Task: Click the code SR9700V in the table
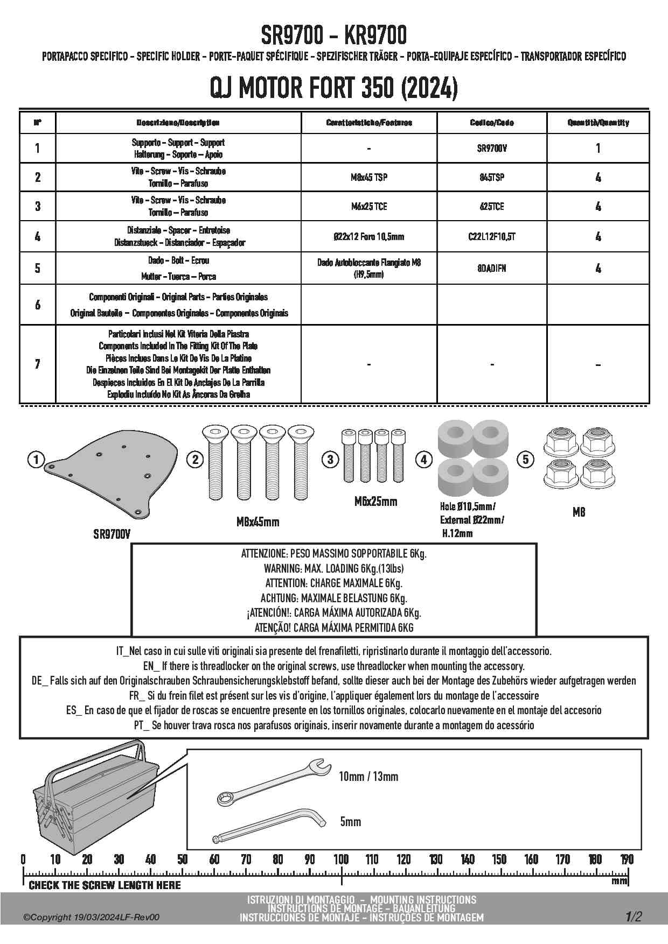click(492, 148)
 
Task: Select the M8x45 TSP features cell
click(369, 177)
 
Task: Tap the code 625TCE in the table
click(492, 206)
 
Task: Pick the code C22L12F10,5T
click(492, 236)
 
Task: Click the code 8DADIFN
click(492, 268)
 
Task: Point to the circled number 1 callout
click(36, 460)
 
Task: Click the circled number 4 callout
click(424, 460)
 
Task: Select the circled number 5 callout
click(525, 460)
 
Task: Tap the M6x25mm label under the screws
click(375, 502)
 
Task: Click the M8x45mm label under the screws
click(258, 522)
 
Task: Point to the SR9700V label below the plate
click(112, 534)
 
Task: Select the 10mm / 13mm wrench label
click(368, 776)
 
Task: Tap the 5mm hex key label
click(351, 822)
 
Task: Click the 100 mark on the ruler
click(341, 859)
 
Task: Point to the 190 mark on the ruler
click(627, 859)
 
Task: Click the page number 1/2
click(634, 917)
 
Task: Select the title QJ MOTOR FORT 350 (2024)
click(334, 88)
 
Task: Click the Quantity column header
click(598, 123)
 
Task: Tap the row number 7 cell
click(37, 364)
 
